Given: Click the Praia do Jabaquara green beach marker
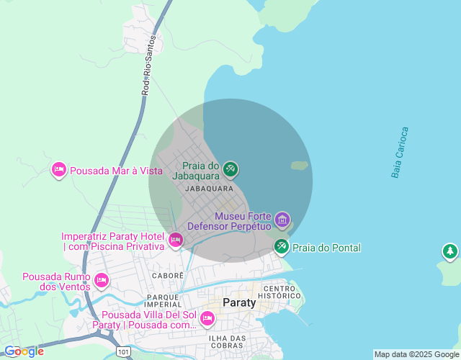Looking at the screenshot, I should pyautogui.click(x=230, y=169).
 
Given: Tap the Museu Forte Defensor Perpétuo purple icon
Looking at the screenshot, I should pyautogui.click(x=282, y=219).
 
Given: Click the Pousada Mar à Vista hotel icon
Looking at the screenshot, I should pyautogui.click(x=59, y=170).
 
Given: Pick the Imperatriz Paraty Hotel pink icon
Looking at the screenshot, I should pyautogui.click(x=175, y=240).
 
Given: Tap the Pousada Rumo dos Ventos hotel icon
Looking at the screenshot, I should pyautogui.click(x=101, y=279).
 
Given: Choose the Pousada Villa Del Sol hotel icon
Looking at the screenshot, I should pyautogui.click(x=207, y=318).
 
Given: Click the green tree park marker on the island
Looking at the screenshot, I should pyautogui.click(x=449, y=251).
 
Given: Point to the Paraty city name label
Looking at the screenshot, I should pyautogui.click(x=239, y=302).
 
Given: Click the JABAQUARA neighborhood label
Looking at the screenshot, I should pyautogui.click(x=209, y=189).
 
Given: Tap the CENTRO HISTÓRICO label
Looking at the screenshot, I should pyautogui.click(x=279, y=292).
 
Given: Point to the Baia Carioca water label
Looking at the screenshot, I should pyautogui.click(x=400, y=153).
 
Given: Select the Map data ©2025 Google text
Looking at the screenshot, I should pyautogui.click(x=416, y=354).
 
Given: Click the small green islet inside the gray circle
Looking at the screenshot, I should pyautogui.click(x=300, y=166).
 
